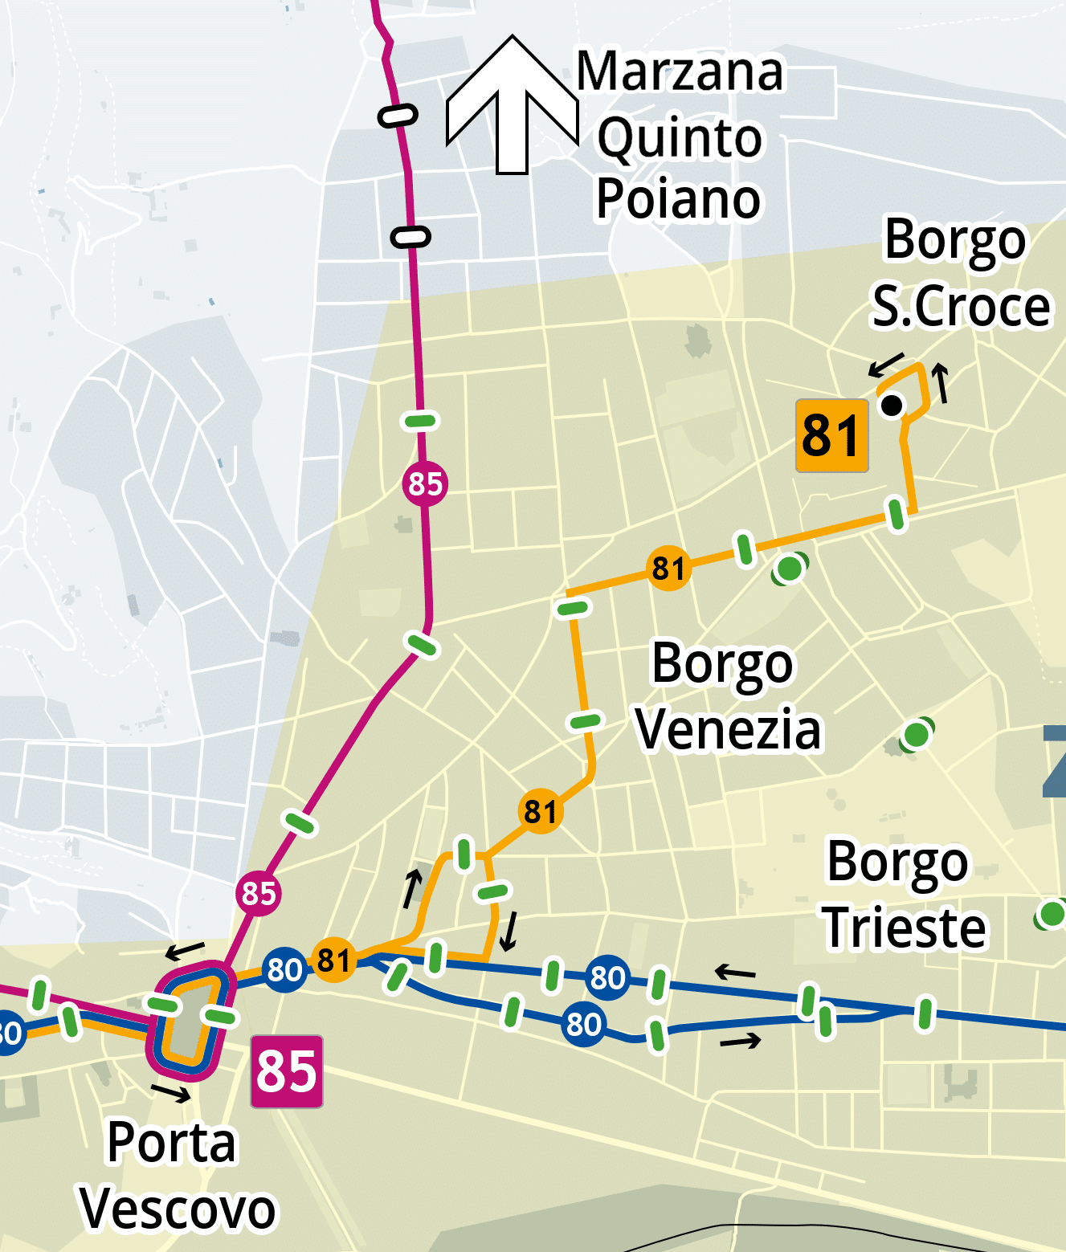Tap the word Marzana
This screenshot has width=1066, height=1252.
pyautogui.click(x=680, y=71)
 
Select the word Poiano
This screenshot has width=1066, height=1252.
pyautogui.click(x=678, y=199)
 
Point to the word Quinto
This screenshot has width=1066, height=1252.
pyautogui.click(x=680, y=137)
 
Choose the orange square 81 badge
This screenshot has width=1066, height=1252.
pyautogui.click(x=831, y=435)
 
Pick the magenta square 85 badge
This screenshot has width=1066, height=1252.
pyautogui.click(x=287, y=1071)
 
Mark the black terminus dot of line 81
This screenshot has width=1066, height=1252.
pyautogui.click(x=892, y=406)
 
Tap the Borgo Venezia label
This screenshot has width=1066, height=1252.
pyautogui.click(x=727, y=696)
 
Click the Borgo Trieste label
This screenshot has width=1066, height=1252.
pyautogui.click(x=902, y=894)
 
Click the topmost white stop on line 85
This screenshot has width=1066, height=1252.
pyautogui.click(x=398, y=116)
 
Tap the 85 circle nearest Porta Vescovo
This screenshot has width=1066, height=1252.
pyautogui.click(x=259, y=893)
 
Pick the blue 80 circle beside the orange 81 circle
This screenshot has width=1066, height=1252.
pyautogui.click(x=284, y=969)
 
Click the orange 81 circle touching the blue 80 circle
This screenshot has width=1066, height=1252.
pyautogui.click(x=333, y=960)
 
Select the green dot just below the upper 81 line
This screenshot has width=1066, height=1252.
pyautogui.click(x=790, y=569)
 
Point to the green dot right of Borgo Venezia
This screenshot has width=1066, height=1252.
pyautogui.click(x=916, y=734)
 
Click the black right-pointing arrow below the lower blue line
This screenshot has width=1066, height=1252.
pyautogui.click(x=740, y=1042)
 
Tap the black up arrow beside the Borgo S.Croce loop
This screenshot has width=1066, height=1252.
pyautogui.click(x=941, y=382)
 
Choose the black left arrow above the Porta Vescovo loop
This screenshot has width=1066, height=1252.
pyautogui.click(x=185, y=951)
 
